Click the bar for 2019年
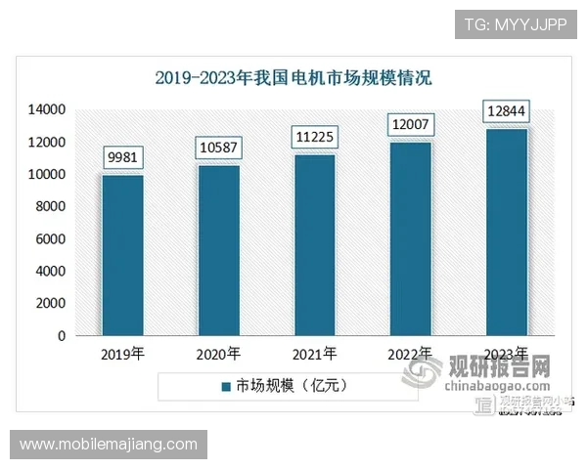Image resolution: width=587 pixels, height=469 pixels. click(x=123, y=255)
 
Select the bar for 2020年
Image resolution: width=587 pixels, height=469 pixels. click(x=218, y=250)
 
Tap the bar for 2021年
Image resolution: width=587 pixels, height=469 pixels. click(x=314, y=245)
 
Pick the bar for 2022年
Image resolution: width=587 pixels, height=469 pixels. click(x=411, y=238)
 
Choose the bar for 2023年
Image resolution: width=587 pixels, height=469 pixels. click(x=507, y=232)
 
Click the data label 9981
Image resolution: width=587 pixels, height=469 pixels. click(x=123, y=156)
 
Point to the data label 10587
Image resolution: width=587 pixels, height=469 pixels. click(x=219, y=148)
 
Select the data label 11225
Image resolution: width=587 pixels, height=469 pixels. click(x=314, y=137)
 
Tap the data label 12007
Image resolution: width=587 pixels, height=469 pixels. click(x=411, y=125)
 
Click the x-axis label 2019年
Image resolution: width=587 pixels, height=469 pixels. click(x=123, y=354)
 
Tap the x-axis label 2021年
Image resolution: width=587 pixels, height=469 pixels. click(x=314, y=354)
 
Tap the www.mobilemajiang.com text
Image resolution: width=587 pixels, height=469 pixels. click(x=108, y=445)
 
